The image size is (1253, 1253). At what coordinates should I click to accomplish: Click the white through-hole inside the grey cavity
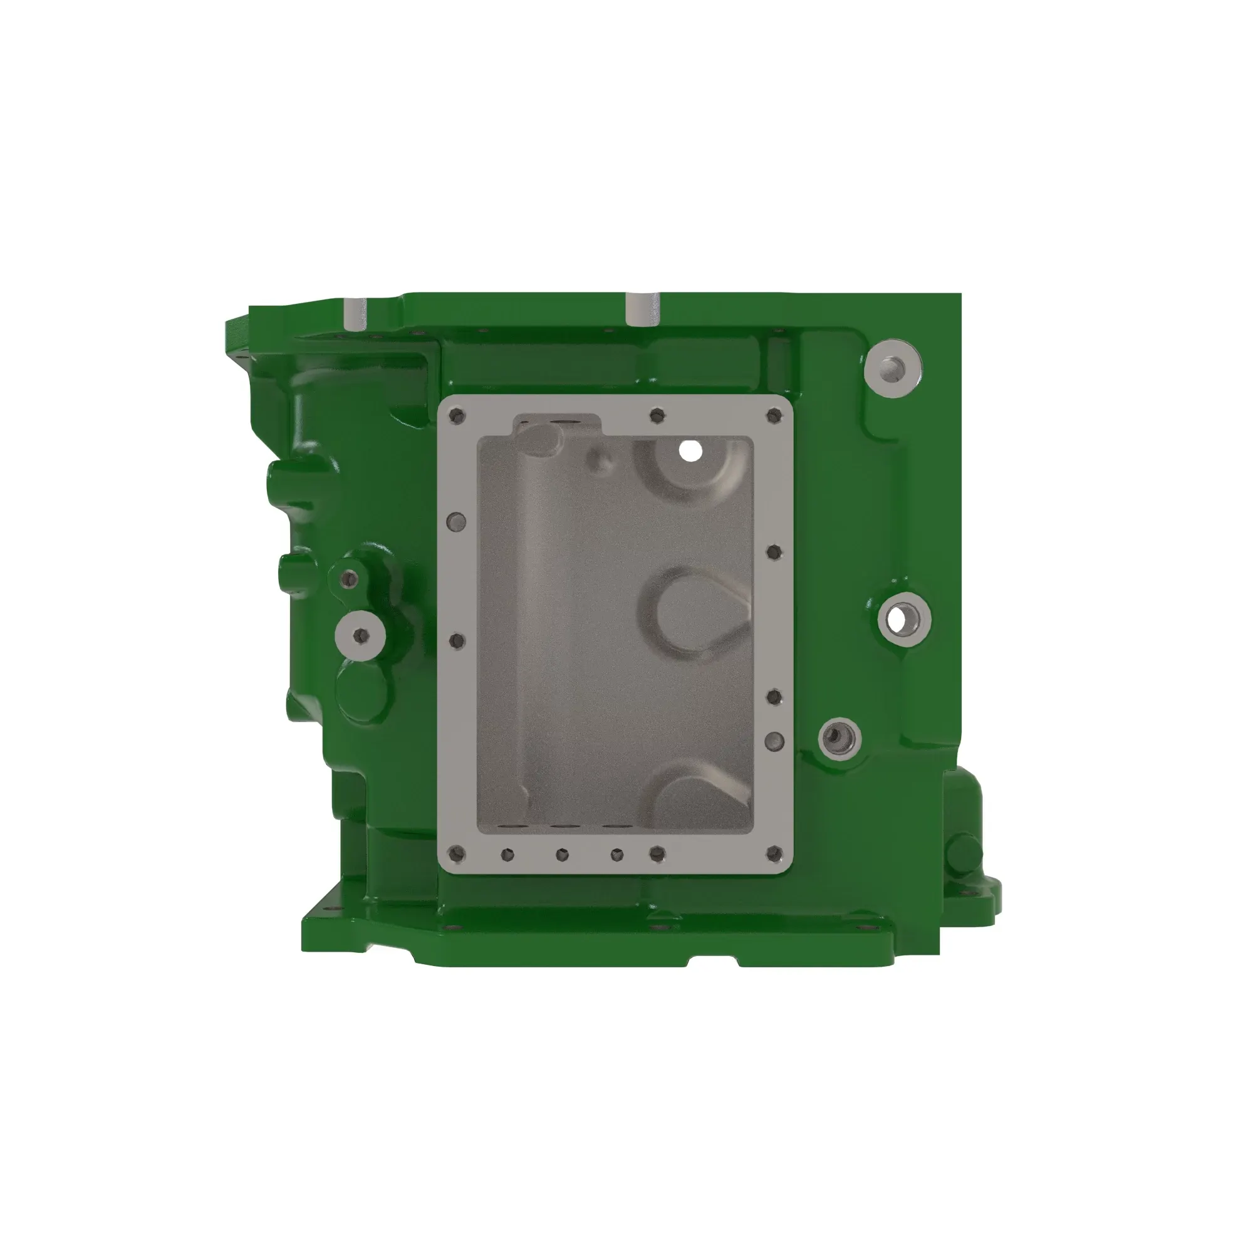[x=690, y=450]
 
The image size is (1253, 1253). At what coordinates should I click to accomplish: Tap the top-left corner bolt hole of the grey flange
[x=458, y=415]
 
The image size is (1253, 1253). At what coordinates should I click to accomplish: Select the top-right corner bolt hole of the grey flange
[x=774, y=415]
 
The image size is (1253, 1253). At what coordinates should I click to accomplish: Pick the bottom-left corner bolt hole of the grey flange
[x=457, y=853]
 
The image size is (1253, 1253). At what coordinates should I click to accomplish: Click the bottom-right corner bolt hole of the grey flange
[x=774, y=853]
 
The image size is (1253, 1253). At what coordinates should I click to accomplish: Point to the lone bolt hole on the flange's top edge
[x=657, y=414]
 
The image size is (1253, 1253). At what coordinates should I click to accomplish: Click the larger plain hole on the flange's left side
[x=457, y=521]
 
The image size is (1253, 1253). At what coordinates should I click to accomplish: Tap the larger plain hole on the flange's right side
[x=774, y=741]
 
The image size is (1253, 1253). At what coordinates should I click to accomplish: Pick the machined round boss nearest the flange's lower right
[x=840, y=739]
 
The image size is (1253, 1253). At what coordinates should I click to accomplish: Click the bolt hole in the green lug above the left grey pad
[x=350, y=578]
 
